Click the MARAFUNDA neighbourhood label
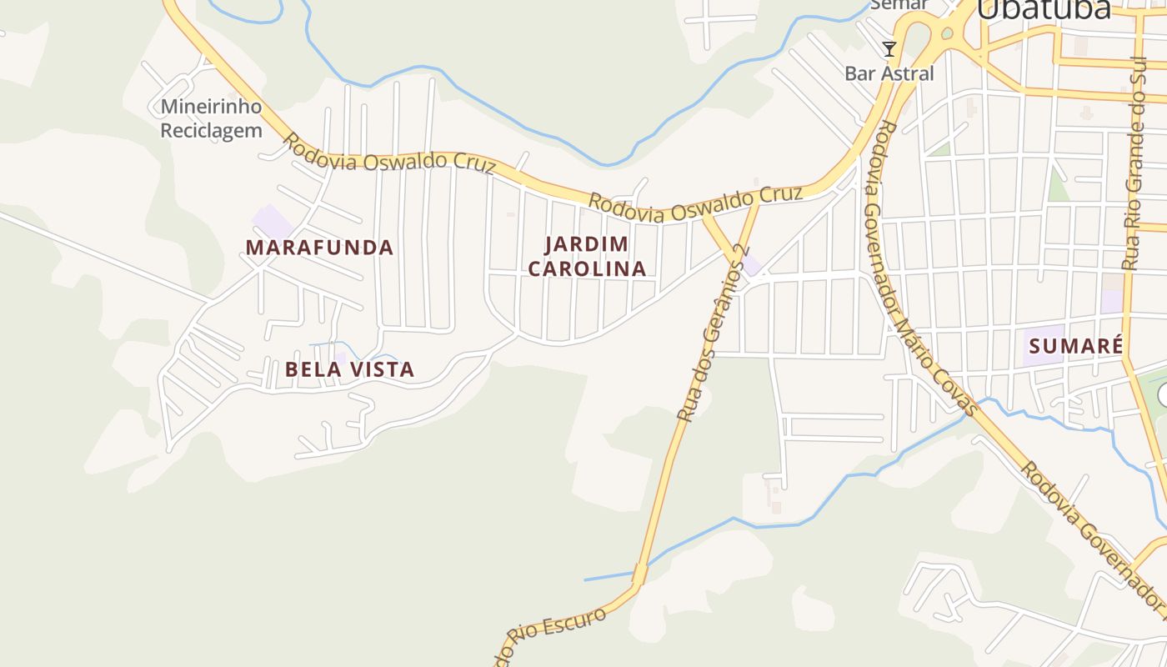[x=319, y=248]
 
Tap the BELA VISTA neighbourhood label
[x=349, y=369]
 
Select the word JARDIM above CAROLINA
[x=586, y=244]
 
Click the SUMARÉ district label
[x=1076, y=346]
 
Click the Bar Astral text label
[x=889, y=73]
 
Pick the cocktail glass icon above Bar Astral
[x=889, y=49]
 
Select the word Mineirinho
[x=211, y=107]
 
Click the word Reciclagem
[x=211, y=131]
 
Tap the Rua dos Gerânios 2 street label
[x=713, y=333]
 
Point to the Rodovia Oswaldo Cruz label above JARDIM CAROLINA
[x=696, y=206]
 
